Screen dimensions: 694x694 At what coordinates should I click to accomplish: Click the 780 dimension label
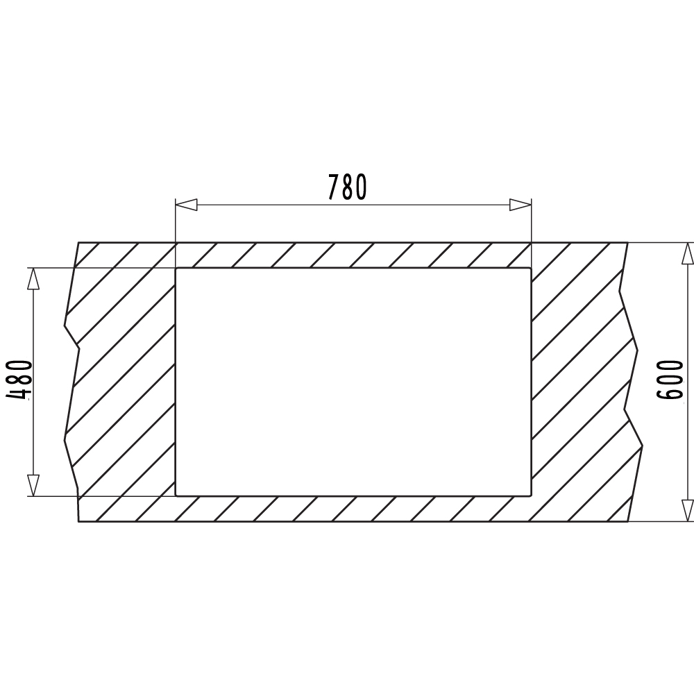[348, 187]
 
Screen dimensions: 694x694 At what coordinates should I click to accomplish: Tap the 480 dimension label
[19, 380]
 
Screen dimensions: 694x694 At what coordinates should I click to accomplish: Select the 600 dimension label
[670, 380]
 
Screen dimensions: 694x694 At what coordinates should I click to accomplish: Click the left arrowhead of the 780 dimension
[186, 205]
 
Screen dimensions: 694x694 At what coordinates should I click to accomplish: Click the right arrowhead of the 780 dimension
[520, 205]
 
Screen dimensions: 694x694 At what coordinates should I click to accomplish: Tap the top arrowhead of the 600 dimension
[687, 253]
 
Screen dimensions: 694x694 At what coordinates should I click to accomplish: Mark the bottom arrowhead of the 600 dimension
[687, 511]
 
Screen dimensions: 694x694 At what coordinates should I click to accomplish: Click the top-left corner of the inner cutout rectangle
[176, 268]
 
